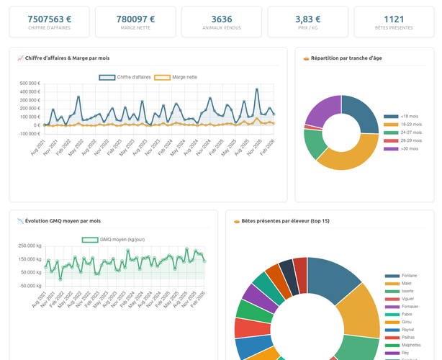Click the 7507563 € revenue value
click(49, 19)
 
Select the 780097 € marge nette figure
click(135, 19)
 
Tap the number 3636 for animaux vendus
click(222, 19)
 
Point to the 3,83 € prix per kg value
click(308, 19)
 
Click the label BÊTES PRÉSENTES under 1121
click(394, 29)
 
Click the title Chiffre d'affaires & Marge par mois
click(67, 58)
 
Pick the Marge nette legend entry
click(176, 76)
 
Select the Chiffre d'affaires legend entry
click(125, 76)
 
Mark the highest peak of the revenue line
click(257, 89)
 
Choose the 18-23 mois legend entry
click(400, 124)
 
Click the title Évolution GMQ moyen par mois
click(63, 221)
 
